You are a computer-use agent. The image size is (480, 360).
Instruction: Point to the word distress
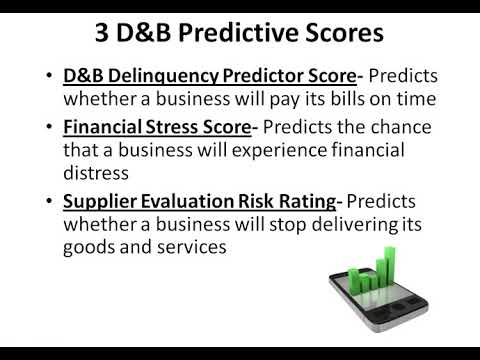97,174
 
